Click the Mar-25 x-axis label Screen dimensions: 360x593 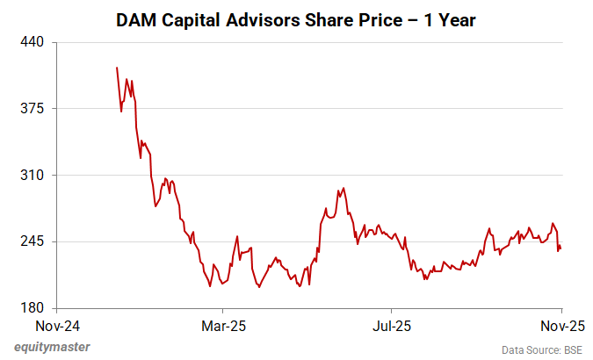pyautogui.click(x=223, y=326)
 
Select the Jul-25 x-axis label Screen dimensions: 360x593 pyautogui.click(x=391, y=326)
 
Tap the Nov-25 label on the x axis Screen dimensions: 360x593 pyautogui.click(x=561, y=326)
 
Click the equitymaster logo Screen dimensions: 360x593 pyautogui.click(x=52, y=347)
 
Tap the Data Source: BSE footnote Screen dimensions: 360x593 pyautogui.click(x=541, y=349)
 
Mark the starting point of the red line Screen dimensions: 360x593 pyautogui.click(x=117, y=68)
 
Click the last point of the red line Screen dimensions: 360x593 pyautogui.click(x=561, y=248)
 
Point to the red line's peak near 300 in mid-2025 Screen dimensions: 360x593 pyautogui.click(x=343, y=187)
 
